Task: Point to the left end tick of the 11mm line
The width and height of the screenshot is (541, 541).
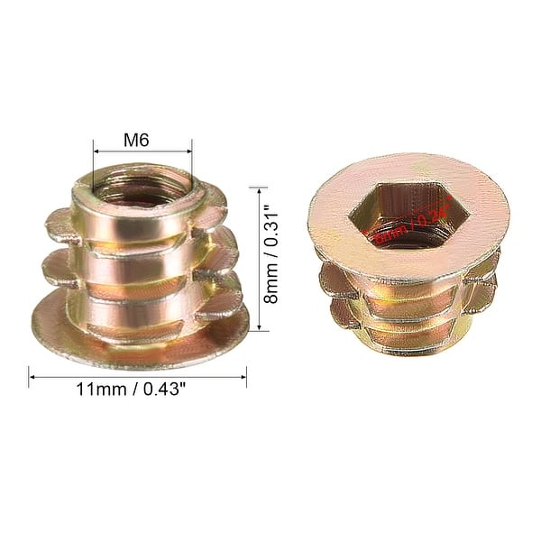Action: tap(29, 376)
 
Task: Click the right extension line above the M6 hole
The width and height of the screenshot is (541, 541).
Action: tap(191, 158)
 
